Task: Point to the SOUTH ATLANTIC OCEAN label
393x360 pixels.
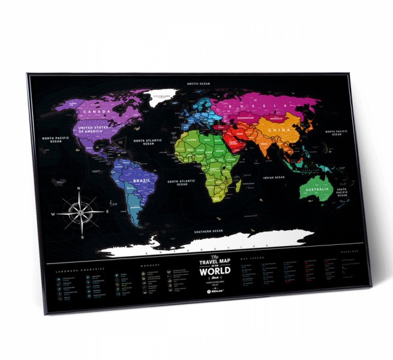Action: point(178,183)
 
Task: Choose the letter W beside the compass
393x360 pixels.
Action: point(53,214)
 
